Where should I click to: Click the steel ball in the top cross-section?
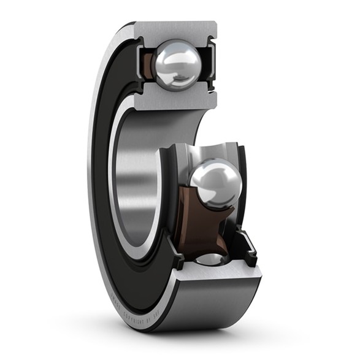tap(177, 64)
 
